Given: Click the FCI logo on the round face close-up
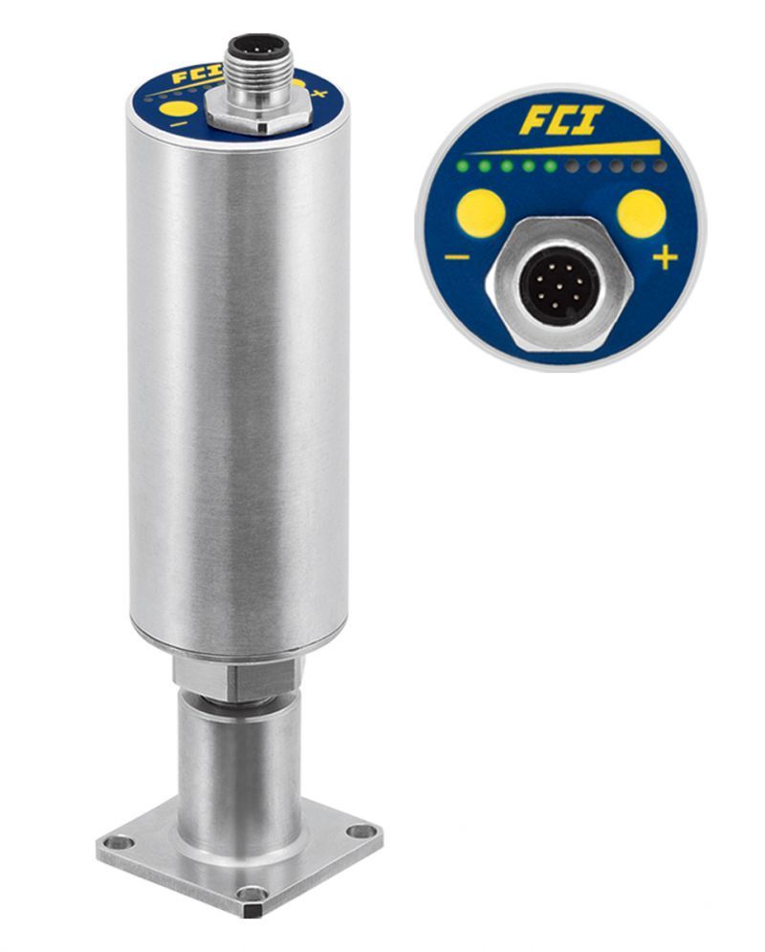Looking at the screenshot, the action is [x=560, y=120].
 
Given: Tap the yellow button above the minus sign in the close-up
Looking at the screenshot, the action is [x=481, y=214].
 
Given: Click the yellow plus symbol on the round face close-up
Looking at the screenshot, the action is [x=665, y=258].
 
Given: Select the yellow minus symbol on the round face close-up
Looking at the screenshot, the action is [x=457, y=257].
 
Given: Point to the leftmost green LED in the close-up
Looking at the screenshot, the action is [x=462, y=166].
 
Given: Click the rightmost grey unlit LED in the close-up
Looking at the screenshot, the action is [x=661, y=166].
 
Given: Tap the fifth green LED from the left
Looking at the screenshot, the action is [x=551, y=166].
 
